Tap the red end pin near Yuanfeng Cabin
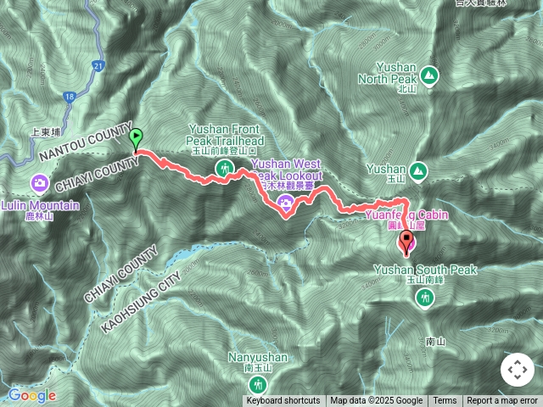tap(407, 243)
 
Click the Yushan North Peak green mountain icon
tap(430, 77)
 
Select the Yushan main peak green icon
tap(417, 172)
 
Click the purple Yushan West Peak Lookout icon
tap(285, 202)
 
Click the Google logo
tap(32, 395)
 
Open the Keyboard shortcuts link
tap(283, 401)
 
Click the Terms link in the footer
tap(445, 401)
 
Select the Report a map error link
tap(502, 401)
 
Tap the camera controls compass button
tap(516, 370)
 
